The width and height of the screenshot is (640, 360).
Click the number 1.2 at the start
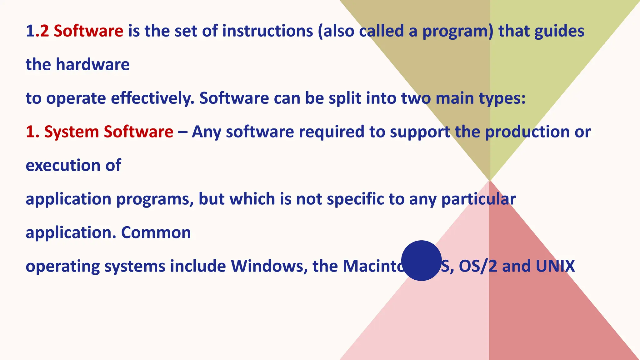37,31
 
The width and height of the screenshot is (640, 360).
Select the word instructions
267,31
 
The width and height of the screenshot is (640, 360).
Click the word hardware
92,65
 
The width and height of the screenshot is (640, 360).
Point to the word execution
63,165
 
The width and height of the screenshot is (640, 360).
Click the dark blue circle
421,261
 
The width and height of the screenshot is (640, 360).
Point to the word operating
62,267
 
